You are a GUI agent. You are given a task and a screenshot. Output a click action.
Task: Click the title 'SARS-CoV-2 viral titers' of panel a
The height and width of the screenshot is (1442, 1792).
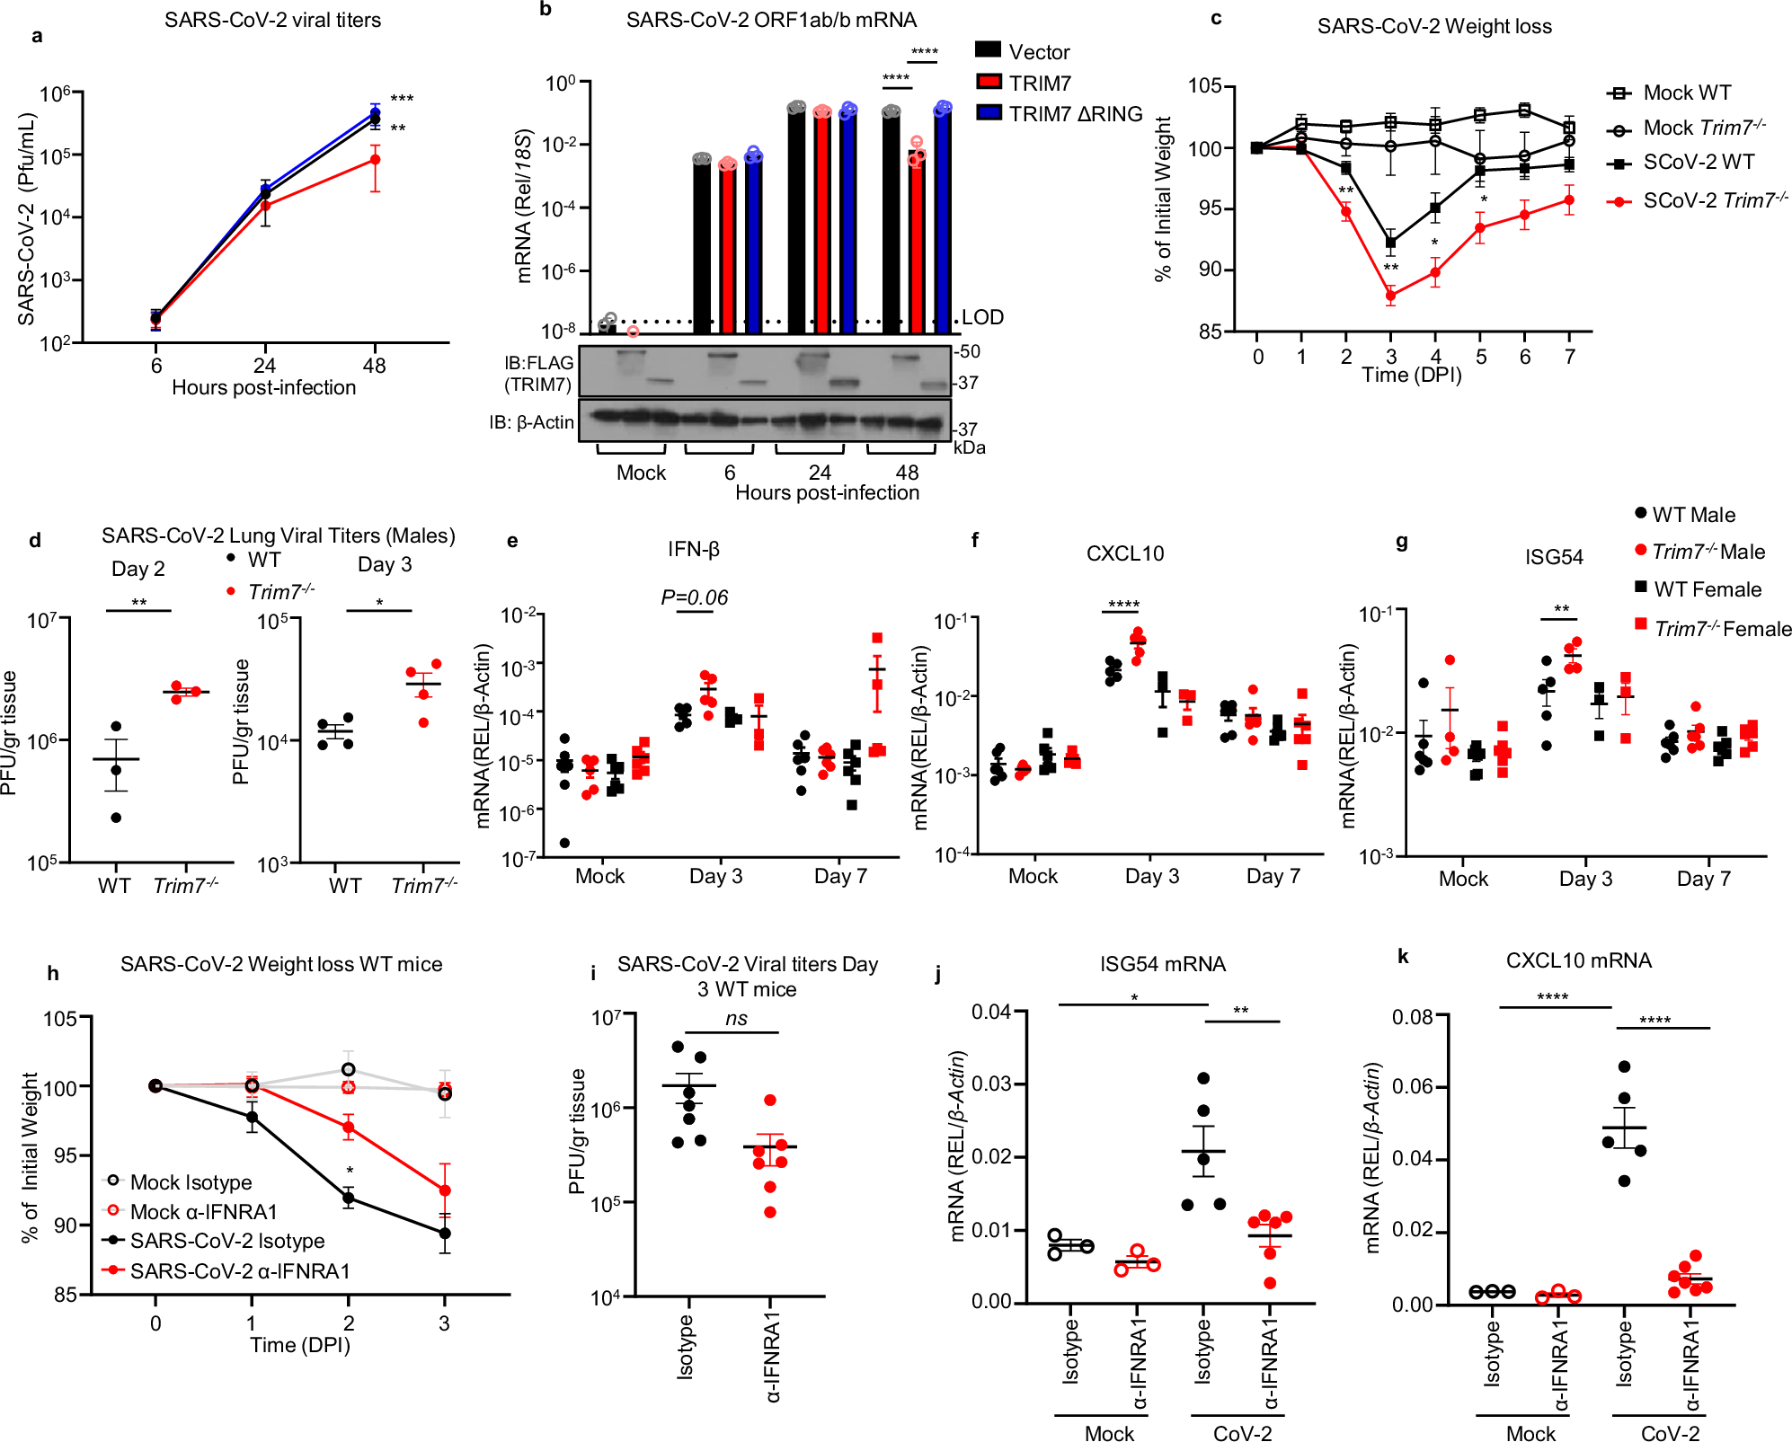tap(272, 20)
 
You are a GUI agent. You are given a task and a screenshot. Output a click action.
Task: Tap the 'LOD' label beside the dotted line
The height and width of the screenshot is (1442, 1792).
tap(982, 317)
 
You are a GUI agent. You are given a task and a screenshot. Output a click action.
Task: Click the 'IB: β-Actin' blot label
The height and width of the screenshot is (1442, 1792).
tap(531, 422)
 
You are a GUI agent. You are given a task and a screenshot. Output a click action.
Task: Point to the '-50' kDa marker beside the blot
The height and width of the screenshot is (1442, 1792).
tap(967, 351)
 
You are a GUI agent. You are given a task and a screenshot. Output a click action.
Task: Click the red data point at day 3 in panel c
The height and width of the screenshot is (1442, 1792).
tap(1390, 295)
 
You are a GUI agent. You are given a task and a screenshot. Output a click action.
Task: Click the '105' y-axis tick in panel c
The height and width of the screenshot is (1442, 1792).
tap(1204, 86)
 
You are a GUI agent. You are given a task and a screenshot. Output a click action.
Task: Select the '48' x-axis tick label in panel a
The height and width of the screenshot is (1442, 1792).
tap(374, 366)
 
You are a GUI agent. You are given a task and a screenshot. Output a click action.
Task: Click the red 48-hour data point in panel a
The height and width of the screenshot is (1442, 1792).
tap(375, 160)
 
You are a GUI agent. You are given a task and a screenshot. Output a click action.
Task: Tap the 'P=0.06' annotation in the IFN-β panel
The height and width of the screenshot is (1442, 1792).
tap(694, 597)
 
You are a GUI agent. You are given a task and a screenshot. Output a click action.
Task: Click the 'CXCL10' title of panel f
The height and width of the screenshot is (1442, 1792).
tap(1124, 553)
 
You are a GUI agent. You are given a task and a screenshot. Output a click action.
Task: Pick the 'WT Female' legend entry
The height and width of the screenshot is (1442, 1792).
tap(1707, 589)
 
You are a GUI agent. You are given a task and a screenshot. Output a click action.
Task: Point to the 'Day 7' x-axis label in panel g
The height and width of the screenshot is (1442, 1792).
tap(1703, 879)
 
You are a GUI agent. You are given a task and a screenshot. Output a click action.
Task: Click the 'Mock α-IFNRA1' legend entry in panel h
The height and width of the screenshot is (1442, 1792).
tap(203, 1212)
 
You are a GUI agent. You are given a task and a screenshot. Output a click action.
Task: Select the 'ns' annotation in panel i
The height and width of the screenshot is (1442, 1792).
tap(736, 1018)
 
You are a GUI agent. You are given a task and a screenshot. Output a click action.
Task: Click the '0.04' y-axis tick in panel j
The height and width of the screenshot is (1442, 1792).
tap(991, 1012)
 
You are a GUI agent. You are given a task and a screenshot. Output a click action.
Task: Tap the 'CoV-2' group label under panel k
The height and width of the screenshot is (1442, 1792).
tap(1670, 1433)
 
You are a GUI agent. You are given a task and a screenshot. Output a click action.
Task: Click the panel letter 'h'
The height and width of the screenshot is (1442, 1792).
tap(53, 973)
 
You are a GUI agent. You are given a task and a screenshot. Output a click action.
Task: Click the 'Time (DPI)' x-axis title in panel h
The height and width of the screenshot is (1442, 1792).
tap(299, 1345)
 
